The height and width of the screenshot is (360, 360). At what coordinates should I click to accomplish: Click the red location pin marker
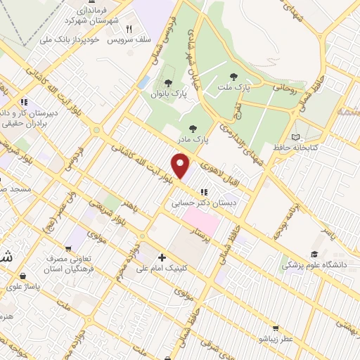pos(181,167)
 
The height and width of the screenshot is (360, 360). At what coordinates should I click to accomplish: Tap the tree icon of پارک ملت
pos(233,76)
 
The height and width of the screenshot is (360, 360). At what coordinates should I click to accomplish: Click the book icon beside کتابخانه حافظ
pos(295,136)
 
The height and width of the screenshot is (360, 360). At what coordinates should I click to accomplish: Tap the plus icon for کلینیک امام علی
pos(162,257)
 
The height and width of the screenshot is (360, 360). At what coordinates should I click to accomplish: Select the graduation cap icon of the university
pos(314,254)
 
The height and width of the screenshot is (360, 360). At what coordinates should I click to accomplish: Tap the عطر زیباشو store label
pos(276,340)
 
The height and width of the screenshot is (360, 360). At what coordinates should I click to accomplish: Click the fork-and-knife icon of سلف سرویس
pos(129,29)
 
